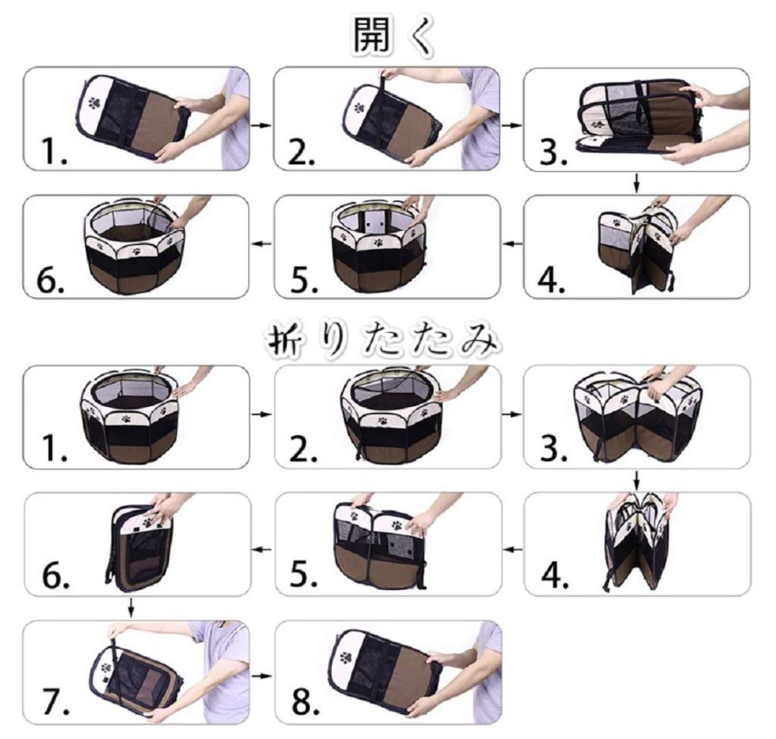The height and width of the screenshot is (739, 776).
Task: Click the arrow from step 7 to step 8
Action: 262,676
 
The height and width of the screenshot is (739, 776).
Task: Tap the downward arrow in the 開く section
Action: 637,182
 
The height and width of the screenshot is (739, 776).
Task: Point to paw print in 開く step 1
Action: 94,102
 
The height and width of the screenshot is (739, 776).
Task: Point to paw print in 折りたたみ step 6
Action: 148,521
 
